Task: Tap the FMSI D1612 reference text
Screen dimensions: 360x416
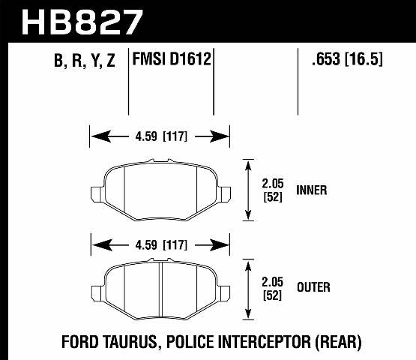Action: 172,59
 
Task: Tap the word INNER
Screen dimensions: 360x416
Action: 312,190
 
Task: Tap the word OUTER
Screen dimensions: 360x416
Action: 313,287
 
